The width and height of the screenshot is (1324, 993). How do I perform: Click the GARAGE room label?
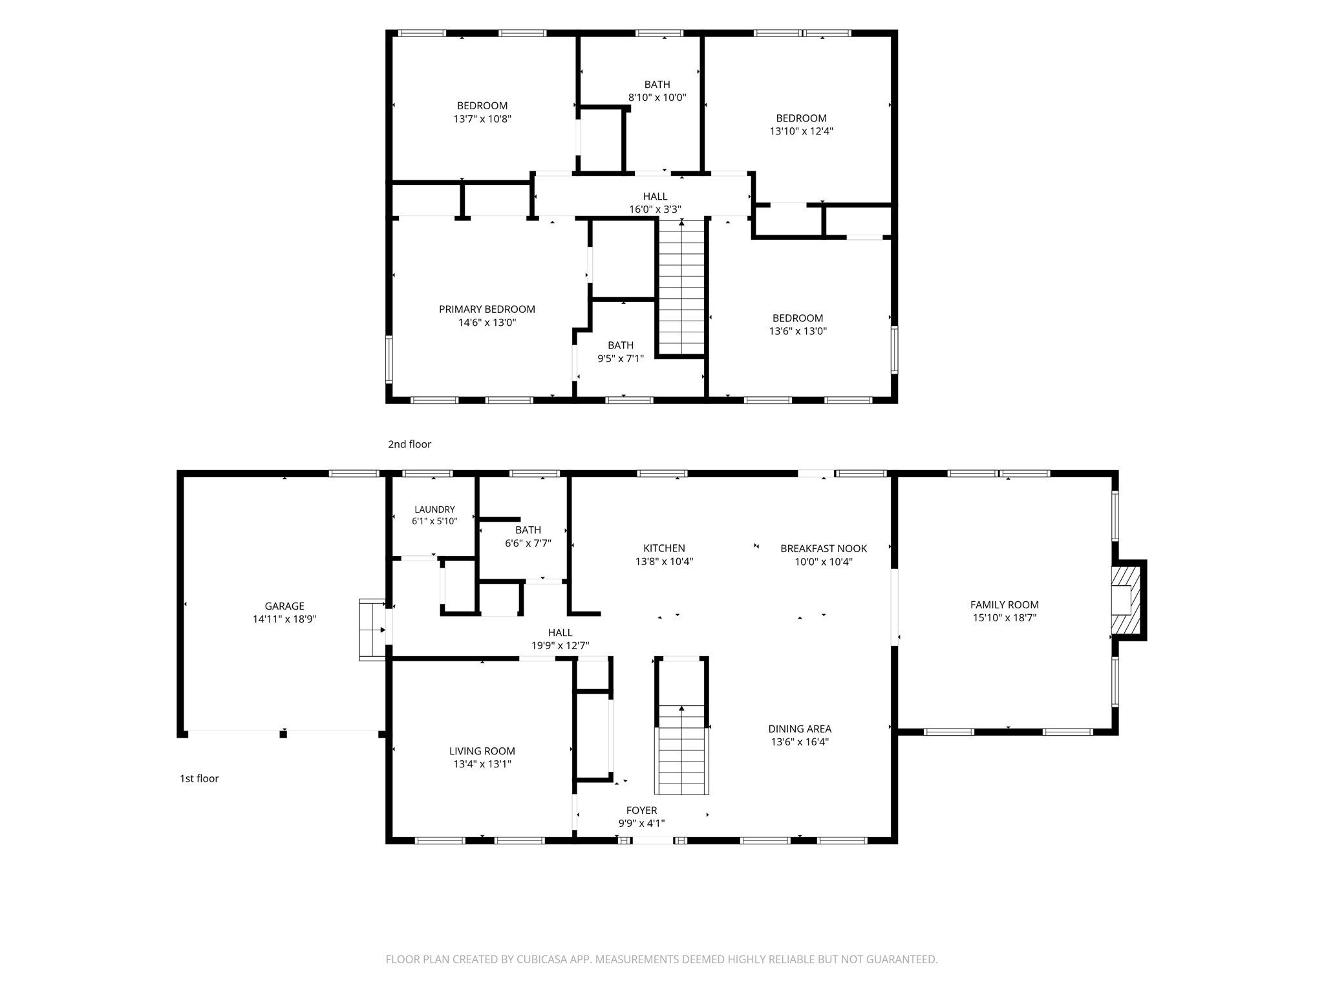tap(284, 606)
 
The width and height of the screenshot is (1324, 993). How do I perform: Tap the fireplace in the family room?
tap(1128, 600)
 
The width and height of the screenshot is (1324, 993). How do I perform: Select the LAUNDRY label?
tap(434, 509)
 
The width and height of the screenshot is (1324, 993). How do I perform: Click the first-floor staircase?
tap(682, 749)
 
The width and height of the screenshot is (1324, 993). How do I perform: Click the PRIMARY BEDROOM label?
tap(487, 309)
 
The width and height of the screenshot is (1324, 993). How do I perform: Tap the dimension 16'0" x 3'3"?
tap(655, 209)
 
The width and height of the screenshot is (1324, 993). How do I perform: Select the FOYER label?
tap(641, 810)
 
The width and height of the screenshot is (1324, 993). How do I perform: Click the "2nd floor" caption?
tap(409, 444)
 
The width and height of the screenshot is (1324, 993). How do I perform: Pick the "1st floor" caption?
tap(199, 778)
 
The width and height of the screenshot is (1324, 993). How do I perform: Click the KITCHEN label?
tap(664, 548)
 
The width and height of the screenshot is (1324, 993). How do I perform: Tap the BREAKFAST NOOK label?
tap(824, 548)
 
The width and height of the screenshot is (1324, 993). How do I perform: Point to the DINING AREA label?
tap(800, 729)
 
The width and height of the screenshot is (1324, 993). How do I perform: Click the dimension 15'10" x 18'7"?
tap(1005, 617)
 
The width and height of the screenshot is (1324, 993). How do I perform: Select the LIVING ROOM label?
tap(482, 751)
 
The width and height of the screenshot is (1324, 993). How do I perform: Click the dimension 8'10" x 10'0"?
tap(657, 98)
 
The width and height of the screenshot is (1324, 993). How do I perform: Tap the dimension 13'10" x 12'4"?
tap(801, 131)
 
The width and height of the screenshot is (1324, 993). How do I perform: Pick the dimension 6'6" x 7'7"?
tap(528, 543)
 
